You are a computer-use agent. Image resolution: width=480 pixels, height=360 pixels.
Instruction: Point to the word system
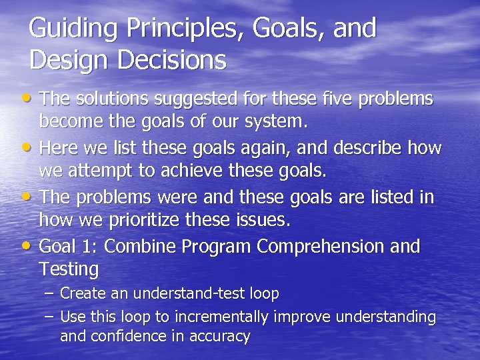coord(280,123)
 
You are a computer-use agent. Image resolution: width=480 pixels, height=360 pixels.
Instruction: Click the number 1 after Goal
coord(91,247)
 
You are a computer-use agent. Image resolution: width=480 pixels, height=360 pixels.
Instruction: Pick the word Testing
coord(69,270)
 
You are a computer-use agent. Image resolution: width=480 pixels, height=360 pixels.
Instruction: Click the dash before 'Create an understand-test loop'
coord(51,293)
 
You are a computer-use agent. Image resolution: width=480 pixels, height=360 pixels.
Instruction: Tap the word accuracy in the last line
coord(218,336)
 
